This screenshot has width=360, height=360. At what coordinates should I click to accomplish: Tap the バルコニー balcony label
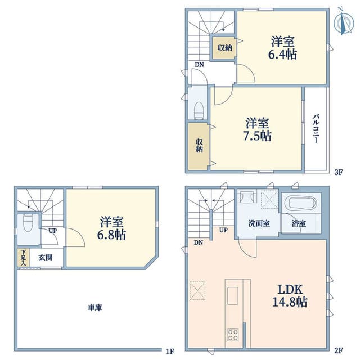click(x=316, y=128)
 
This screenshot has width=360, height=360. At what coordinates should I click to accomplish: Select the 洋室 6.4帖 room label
click(x=282, y=48)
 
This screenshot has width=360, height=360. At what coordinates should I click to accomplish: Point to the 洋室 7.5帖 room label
click(x=257, y=129)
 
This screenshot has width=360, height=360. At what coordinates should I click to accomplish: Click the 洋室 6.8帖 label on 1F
click(x=111, y=228)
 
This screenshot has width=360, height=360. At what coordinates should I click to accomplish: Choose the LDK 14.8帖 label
click(x=290, y=295)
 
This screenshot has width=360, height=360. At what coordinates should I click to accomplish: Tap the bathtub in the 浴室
click(x=300, y=203)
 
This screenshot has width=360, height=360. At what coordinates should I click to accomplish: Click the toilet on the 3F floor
click(x=199, y=111)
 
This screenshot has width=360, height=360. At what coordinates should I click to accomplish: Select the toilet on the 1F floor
click(x=28, y=223)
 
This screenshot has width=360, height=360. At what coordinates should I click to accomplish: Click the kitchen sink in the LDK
click(x=233, y=296)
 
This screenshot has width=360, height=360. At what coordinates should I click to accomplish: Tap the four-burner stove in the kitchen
click(x=233, y=335)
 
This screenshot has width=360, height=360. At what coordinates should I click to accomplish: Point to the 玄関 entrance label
click(x=46, y=258)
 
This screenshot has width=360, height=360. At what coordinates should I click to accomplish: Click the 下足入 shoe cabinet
click(x=23, y=258)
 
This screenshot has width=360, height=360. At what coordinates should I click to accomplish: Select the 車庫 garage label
click(x=95, y=308)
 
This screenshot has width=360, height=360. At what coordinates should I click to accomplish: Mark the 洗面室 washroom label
click(x=259, y=223)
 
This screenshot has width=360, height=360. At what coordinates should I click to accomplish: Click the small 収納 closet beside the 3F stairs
click(x=224, y=48)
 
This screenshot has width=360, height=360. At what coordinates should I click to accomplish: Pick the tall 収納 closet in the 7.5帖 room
click(x=199, y=146)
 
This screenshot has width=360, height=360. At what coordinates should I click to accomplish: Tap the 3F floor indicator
click(x=339, y=172)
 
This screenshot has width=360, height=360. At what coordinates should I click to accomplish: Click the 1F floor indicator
click(x=170, y=351)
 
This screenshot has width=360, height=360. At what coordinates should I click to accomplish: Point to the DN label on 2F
click(x=199, y=242)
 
